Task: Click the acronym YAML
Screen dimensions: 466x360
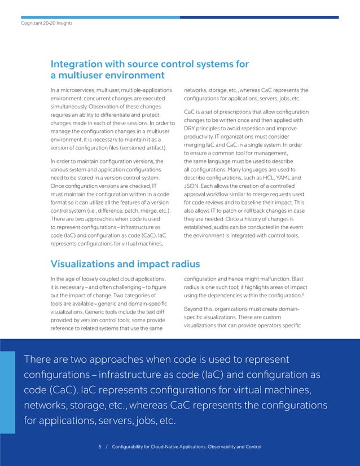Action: pyautogui.click(x=284, y=178)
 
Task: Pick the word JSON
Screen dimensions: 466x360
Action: pyautogui.click(x=193, y=186)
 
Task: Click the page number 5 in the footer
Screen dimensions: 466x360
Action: pyautogui.click(x=100, y=447)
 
